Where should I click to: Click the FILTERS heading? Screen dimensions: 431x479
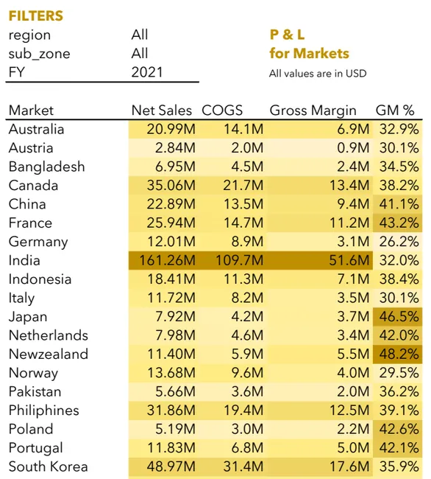(x=35, y=16)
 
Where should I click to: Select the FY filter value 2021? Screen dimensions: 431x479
(x=147, y=72)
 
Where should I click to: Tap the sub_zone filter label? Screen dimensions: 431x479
(x=39, y=54)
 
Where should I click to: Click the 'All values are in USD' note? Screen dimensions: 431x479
(x=318, y=74)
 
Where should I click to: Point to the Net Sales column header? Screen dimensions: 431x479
(x=162, y=111)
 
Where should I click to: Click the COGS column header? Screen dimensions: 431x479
(x=222, y=111)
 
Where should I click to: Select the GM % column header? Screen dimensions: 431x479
(x=395, y=111)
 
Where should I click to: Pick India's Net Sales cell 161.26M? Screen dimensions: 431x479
(x=168, y=261)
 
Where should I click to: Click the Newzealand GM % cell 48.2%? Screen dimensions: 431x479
(x=399, y=354)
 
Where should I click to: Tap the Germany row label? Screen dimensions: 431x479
(x=38, y=242)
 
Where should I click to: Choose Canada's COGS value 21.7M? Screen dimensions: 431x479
(x=243, y=186)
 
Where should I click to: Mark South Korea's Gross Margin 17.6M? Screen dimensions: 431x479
(x=349, y=466)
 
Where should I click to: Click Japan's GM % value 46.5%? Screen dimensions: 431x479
(x=399, y=317)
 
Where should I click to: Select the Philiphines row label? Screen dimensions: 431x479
(x=44, y=410)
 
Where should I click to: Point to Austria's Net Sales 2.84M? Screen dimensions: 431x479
(x=175, y=148)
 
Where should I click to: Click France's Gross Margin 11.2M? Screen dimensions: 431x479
(x=349, y=223)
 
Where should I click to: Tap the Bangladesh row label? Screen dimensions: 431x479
(x=46, y=167)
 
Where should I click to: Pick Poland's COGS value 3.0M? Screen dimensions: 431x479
(x=247, y=429)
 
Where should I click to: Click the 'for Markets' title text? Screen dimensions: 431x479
(x=309, y=54)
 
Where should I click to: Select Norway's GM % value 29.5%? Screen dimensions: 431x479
(x=399, y=373)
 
